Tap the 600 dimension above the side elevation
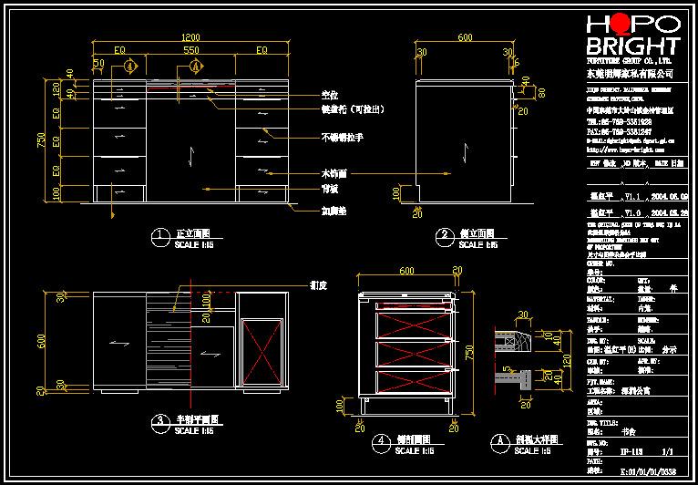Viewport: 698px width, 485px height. (x=465, y=38)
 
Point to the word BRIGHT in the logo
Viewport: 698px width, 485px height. (x=633, y=46)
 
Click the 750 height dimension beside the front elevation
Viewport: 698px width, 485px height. (x=41, y=139)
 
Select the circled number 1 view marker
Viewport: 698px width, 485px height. (x=159, y=235)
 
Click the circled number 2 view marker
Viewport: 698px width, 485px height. (x=445, y=235)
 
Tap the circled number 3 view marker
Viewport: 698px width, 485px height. (x=159, y=421)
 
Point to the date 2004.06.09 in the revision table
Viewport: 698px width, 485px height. (x=670, y=196)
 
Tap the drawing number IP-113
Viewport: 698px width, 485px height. (x=630, y=450)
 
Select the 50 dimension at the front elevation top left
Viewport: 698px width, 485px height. (x=98, y=63)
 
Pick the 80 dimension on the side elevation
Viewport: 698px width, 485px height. (x=540, y=92)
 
